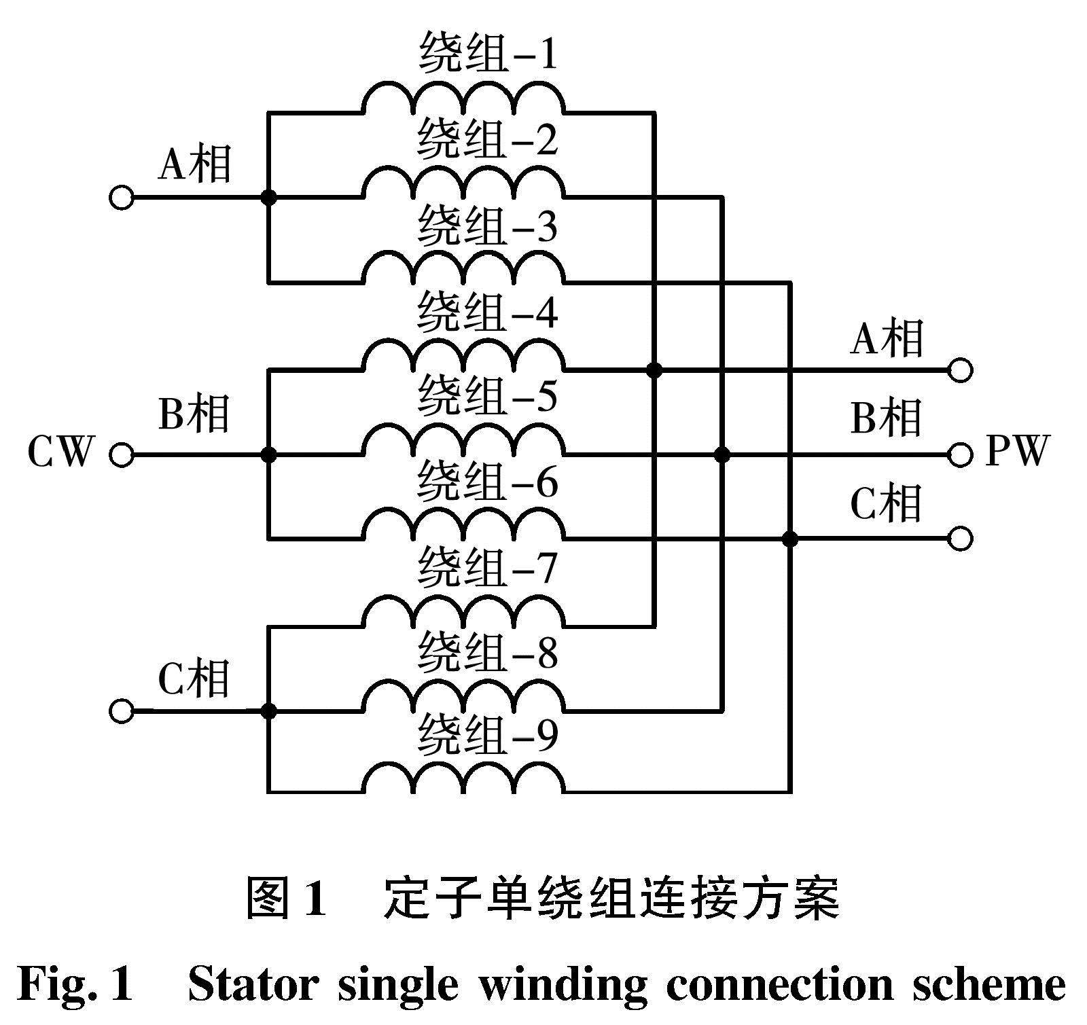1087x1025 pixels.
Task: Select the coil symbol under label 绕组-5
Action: point(463,442)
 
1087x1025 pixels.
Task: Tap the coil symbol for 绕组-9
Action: point(463,778)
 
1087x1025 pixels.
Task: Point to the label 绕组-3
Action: point(488,227)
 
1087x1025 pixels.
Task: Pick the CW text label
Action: point(59,452)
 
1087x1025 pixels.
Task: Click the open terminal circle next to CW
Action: point(122,454)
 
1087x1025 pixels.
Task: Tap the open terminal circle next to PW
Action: point(960,454)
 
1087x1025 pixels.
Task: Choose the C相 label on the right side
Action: point(886,504)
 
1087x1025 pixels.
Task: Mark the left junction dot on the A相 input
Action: point(269,198)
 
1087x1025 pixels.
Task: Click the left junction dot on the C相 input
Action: point(269,711)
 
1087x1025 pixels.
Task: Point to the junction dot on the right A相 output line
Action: point(654,370)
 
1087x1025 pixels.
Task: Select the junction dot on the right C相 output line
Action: point(789,539)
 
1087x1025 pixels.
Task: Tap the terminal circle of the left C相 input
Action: point(122,711)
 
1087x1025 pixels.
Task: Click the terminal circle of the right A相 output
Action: point(960,370)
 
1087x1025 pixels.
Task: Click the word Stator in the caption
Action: point(253,984)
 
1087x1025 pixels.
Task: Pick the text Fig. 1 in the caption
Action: point(75,984)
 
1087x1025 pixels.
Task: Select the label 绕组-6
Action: point(488,482)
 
